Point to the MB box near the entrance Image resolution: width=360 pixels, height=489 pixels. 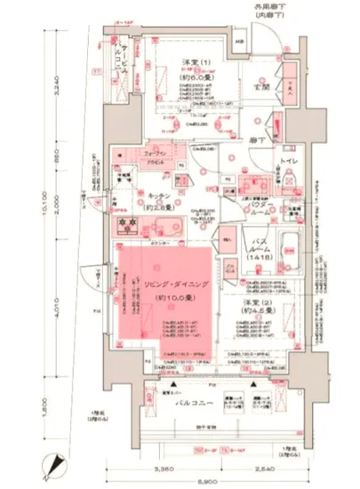click(x=238, y=44)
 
